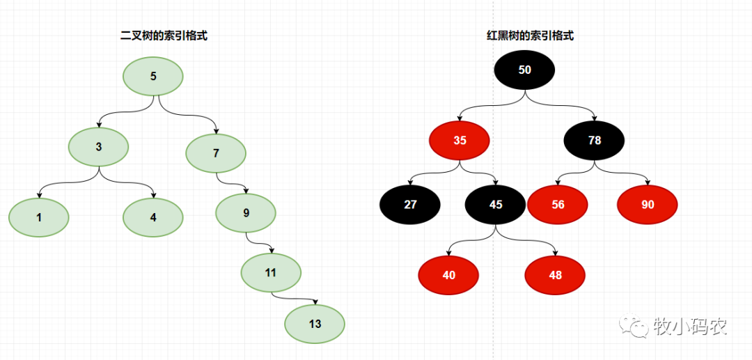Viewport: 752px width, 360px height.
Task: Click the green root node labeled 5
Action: [x=153, y=76]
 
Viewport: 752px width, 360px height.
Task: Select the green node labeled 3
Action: [x=99, y=147]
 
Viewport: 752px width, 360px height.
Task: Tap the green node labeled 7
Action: [x=216, y=153]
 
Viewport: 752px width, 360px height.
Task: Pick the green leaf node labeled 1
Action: [x=39, y=217]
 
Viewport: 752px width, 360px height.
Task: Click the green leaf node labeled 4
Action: [x=153, y=217]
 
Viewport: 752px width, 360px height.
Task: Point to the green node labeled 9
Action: [x=246, y=213]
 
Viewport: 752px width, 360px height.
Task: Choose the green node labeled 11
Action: [x=271, y=272]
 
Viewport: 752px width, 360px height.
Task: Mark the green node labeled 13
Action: [x=315, y=324]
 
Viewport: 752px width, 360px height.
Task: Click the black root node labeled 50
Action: [x=525, y=70]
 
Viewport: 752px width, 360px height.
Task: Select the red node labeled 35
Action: [x=460, y=141]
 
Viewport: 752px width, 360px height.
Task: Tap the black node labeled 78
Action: [x=594, y=141]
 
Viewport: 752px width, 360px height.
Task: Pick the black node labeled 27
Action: [x=410, y=205]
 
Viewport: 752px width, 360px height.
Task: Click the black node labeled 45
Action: [x=495, y=205]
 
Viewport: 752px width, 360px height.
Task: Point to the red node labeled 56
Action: [x=558, y=205]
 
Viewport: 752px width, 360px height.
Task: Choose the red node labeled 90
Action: [x=648, y=205]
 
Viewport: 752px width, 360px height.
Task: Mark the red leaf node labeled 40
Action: [x=448, y=275]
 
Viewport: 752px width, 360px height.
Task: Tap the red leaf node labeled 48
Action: [x=555, y=275]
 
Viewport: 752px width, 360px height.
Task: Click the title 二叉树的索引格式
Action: [x=164, y=36]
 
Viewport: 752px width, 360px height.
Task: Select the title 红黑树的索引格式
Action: [x=530, y=36]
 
